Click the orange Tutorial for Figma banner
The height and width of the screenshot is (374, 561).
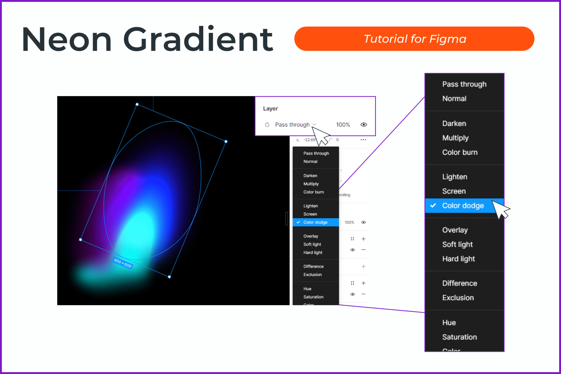(x=414, y=39)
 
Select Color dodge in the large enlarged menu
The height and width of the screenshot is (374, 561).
(x=463, y=205)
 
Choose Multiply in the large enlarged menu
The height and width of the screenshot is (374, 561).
(x=455, y=138)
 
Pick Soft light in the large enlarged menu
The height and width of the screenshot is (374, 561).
(x=457, y=244)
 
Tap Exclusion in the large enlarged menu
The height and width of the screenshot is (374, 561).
(x=458, y=298)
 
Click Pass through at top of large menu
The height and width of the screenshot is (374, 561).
(x=464, y=84)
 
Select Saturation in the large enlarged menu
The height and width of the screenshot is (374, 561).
(x=459, y=337)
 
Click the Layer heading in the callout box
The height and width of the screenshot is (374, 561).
(x=270, y=109)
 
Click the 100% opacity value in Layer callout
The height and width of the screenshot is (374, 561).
(x=343, y=125)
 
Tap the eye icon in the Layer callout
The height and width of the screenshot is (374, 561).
(x=363, y=125)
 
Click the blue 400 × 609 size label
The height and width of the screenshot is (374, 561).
(x=123, y=263)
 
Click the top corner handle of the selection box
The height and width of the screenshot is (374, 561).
(x=137, y=104)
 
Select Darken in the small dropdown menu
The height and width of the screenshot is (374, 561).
(x=310, y=176)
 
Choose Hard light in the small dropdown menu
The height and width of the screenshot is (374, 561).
(x=313, y=252)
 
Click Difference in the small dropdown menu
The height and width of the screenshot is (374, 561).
(x=313, y=266)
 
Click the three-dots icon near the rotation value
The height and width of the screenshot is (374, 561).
(x=363, y=140)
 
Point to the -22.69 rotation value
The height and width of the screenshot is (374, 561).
(x=309, y=140)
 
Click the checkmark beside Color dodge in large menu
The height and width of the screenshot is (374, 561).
(x=433, y=205)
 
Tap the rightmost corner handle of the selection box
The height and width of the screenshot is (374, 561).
(x=226, y=142)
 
